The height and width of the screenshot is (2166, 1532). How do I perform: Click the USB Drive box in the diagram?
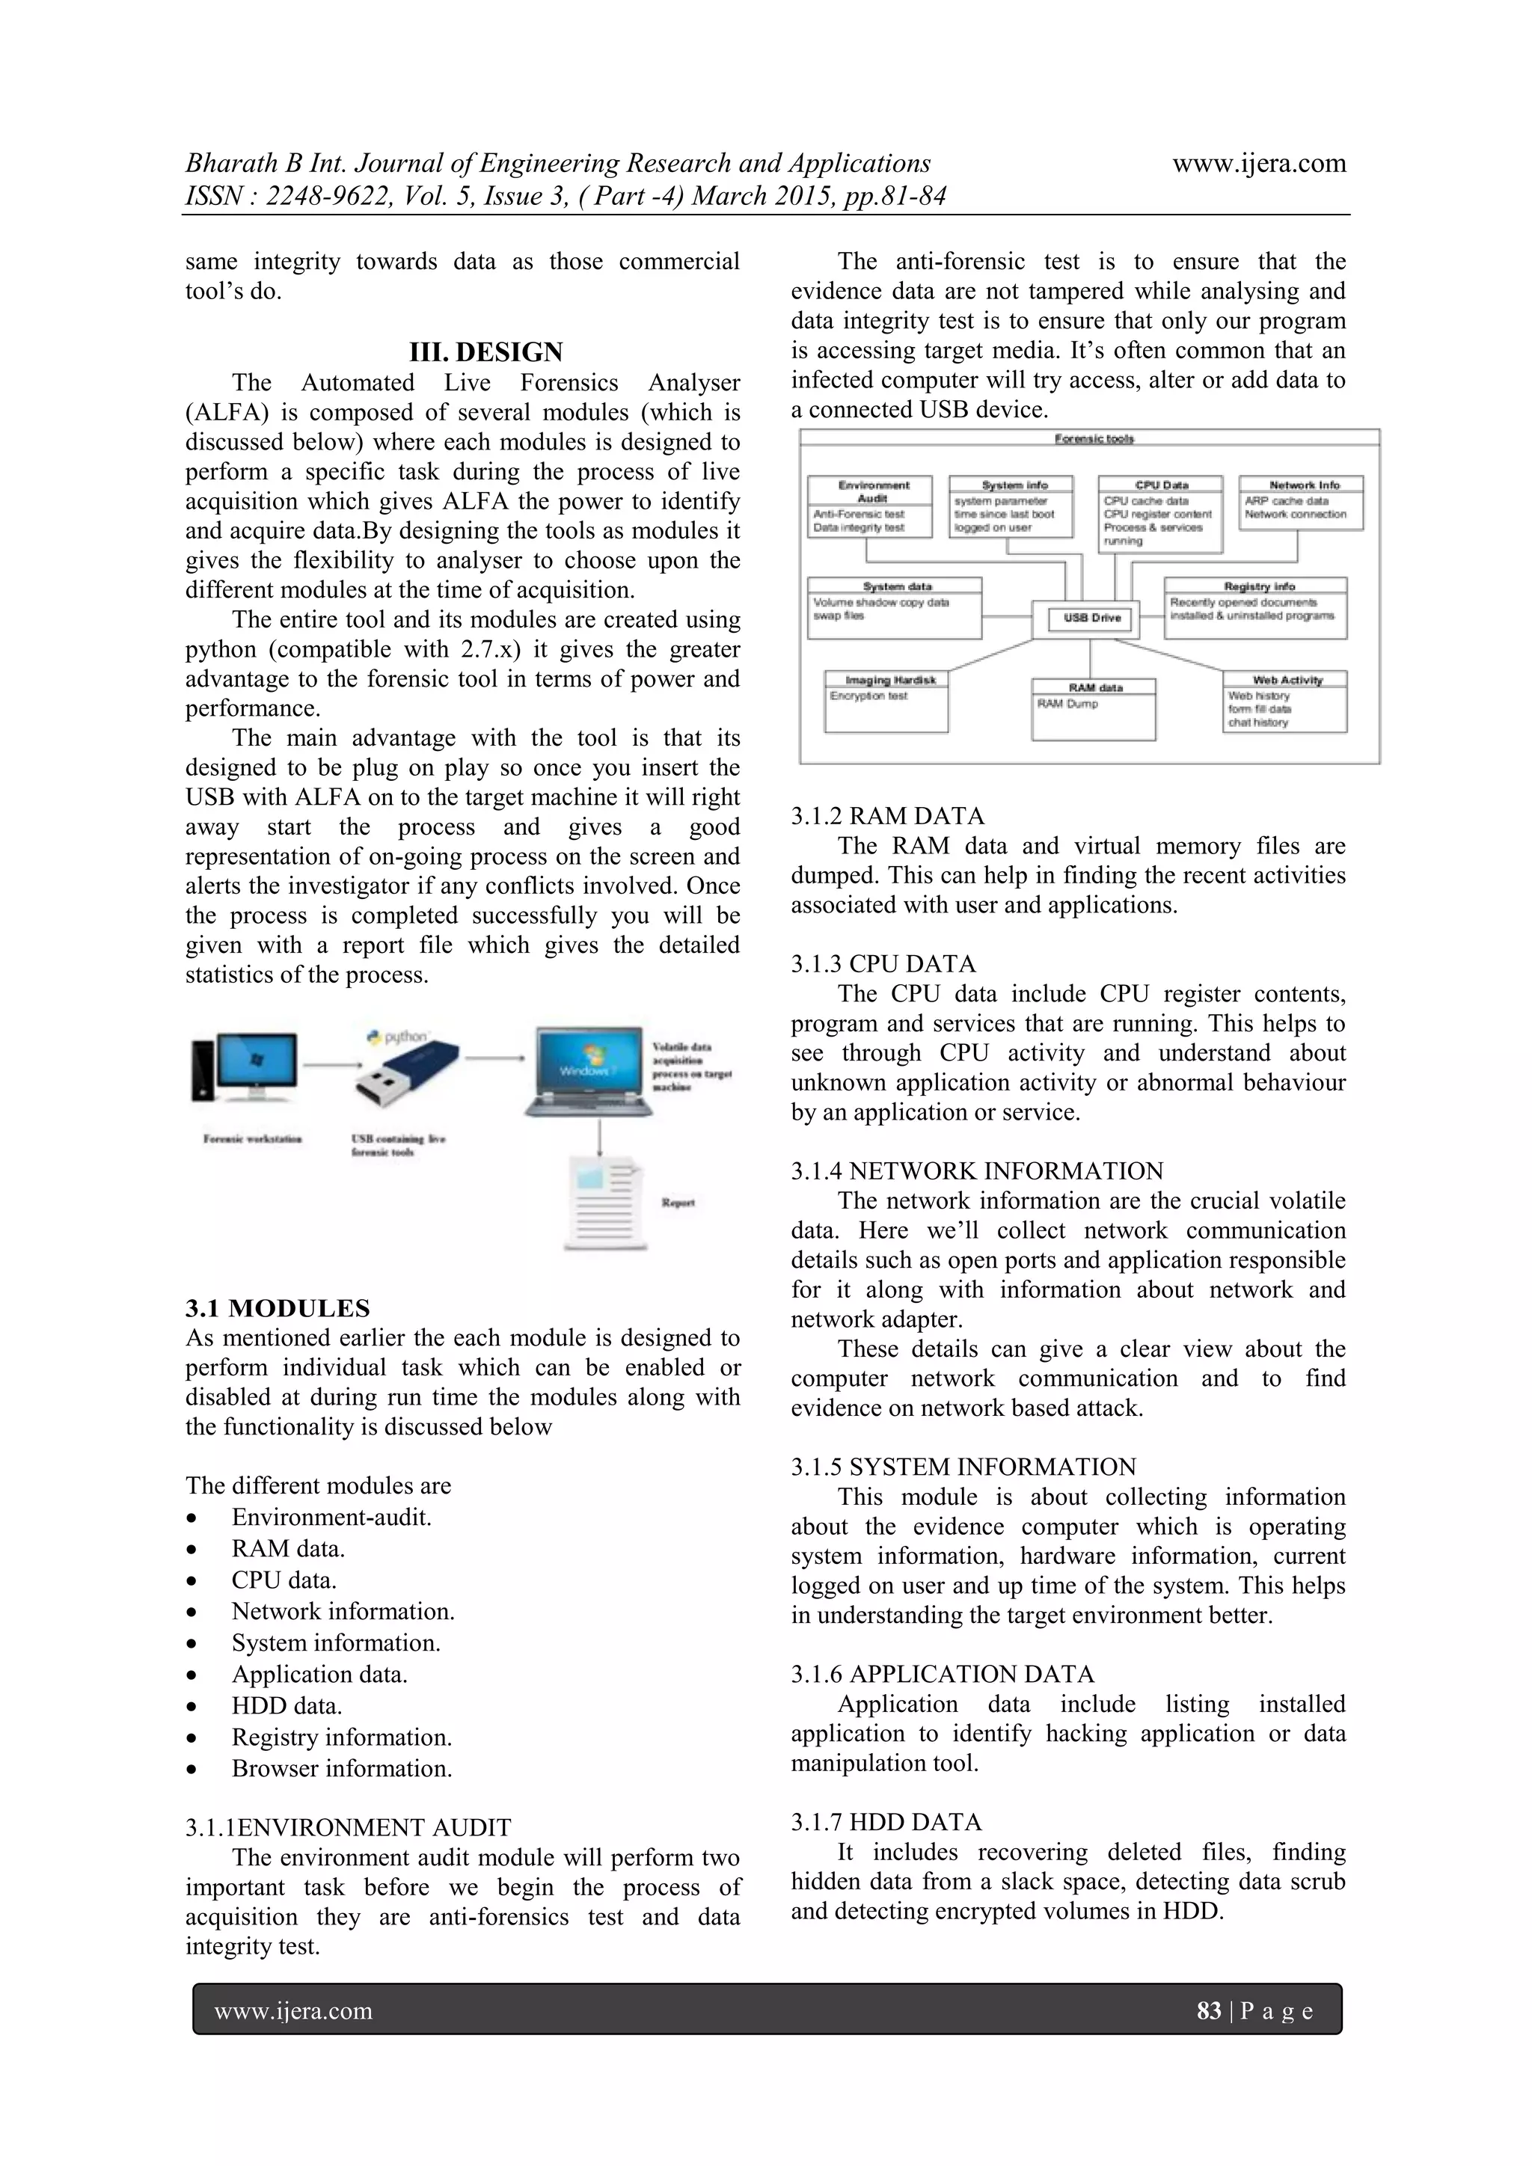click(x=1091, y=618)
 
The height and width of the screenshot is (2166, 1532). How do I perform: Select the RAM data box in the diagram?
click(x=1094, y=710)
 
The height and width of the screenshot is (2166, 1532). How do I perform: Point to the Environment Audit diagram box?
click(x=870, y=506)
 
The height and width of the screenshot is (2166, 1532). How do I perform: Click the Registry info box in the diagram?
click(x=1256, y=609)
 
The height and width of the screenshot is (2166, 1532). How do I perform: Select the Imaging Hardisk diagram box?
click(x=886, y=702)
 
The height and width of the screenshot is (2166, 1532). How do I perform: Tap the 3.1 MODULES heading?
click(x=278, y=1307)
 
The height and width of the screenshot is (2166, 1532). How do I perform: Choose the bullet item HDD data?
click(x=286, y=1705)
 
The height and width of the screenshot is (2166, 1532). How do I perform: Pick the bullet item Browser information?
click(x=342, y=1768)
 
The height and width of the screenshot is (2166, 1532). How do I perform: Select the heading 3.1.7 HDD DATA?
click(x=886, y=1822)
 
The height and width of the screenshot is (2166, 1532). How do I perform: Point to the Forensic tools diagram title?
click(x=1094, y=439)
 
